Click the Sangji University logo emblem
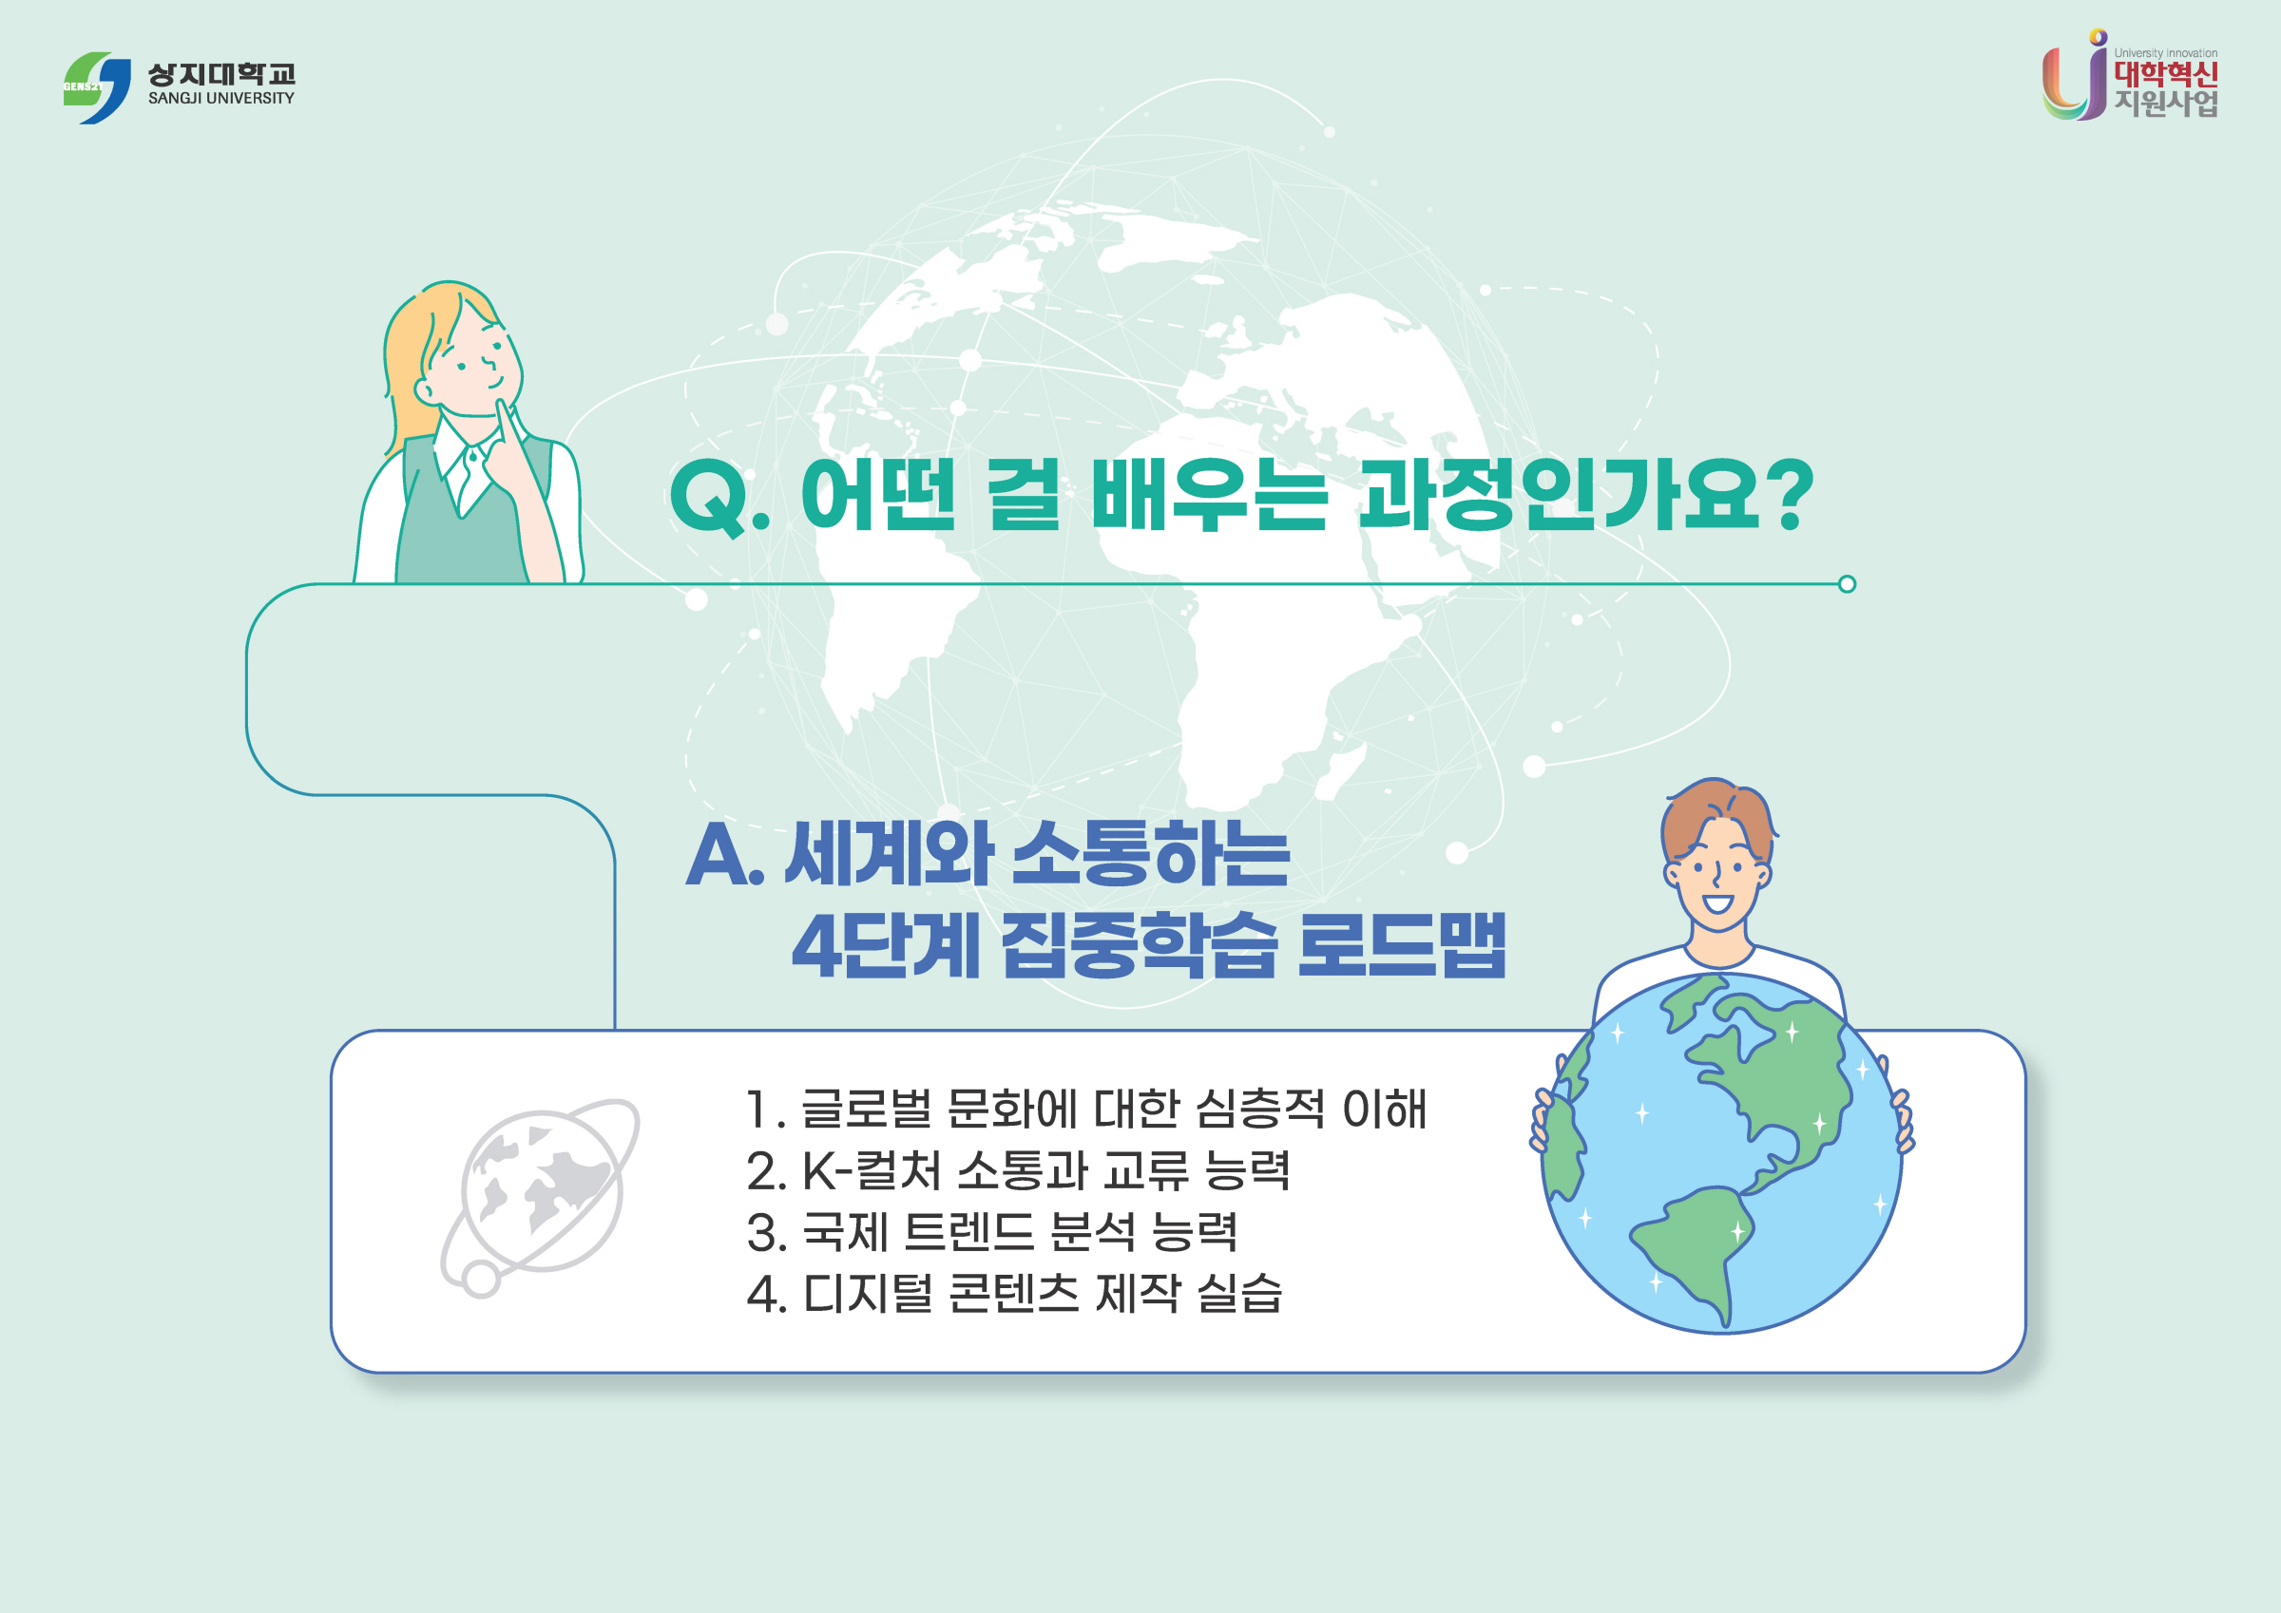[97, 87]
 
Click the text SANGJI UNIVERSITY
[220, 99]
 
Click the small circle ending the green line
[1847, 584]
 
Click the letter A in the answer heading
[719, 856]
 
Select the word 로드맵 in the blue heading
[1401, 945]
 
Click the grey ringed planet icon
[542, 1192]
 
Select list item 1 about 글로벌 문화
[1084, 1110]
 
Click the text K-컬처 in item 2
[871, 1171]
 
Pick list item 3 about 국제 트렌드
[991, 1233]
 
